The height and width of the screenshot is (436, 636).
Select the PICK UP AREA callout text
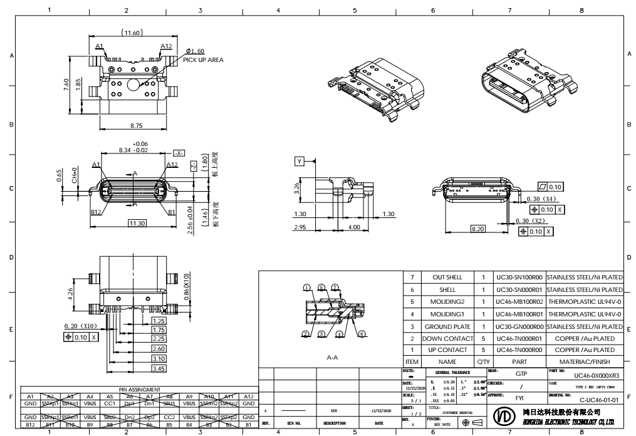[x=203, y=60]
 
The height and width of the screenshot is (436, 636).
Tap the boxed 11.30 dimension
[x=137, y=222]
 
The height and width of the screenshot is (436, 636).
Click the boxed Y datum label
[x=300, y=162]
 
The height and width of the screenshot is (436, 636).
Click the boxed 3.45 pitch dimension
[x=159, y=368]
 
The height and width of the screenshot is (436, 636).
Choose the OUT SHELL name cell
[x=447, y=276]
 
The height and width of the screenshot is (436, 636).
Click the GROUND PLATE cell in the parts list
[x=447, y=326]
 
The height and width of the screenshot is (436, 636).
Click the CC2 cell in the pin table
[x=169, y=417]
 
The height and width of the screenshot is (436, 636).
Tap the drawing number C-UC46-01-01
[x=600, y=398]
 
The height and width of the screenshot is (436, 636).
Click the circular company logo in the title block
[x=507, y=417]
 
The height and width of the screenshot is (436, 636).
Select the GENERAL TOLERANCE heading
[x=444, y=372]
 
